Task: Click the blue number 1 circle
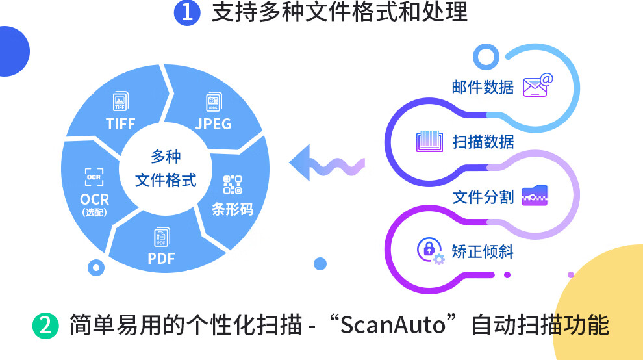[187, 13]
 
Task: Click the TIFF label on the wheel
[120, 123]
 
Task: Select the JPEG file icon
[213, 103]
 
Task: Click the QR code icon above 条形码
[233, 185]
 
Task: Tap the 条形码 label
[233, 209]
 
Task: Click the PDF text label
[162, 258]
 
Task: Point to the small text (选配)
[95, 212]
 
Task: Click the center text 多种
[166, 157]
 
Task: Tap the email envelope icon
[538, 85]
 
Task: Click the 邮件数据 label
[483, 86]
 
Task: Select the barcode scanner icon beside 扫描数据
[429, 141]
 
